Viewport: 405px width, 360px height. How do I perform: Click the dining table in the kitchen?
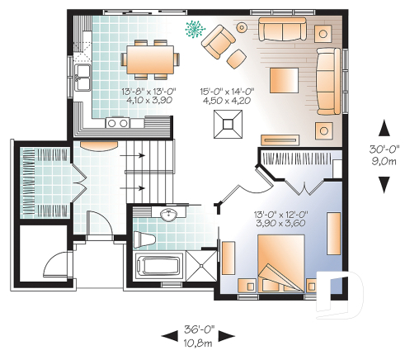151,59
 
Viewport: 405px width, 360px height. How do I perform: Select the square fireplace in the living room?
228,123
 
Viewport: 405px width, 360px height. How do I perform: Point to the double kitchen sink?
83,80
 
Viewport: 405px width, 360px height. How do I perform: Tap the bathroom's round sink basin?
169,216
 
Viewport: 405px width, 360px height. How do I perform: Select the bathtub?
157,268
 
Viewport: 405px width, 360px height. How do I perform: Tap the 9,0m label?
383,162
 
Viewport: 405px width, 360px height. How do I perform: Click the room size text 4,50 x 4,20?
224,99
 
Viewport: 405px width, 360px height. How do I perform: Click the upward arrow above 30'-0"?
383,128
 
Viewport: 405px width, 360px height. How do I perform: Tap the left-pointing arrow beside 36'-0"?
169,334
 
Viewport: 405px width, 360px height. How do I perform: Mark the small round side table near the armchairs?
242,27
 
